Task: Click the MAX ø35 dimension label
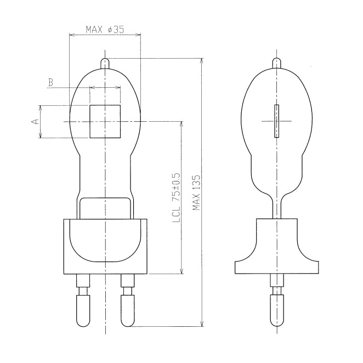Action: [105, 30]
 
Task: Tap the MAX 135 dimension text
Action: [196, 192]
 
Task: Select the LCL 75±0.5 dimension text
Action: [177, 197]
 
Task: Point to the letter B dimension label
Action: [50, 82]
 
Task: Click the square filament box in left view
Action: [105, 122]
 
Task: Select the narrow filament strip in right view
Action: [276, 121]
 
